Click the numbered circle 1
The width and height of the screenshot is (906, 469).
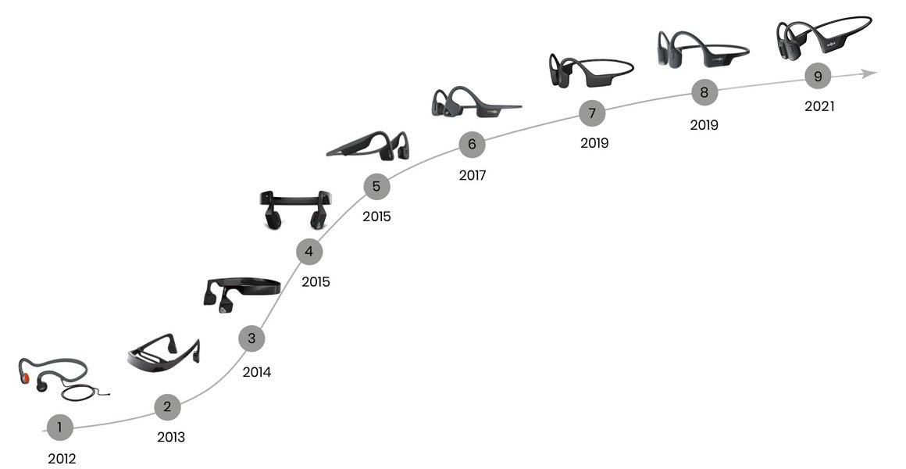(x=59, y=427)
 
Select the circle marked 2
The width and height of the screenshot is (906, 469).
(x=167, y=406)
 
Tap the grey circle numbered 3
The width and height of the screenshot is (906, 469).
(x=251, y=338)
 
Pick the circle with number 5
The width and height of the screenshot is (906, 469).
(x=376, y=186)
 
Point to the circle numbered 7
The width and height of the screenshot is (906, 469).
(x=592, y=113)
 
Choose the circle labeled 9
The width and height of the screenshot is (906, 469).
(x=818, y=77)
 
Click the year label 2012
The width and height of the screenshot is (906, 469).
(x=62, y=459)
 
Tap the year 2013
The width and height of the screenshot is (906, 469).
(x=170, y=437)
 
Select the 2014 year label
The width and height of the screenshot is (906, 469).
(x=256, y=372)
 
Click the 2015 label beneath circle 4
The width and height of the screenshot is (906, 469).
(x=316, y=281)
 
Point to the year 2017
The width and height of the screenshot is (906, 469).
(x=472, y=176)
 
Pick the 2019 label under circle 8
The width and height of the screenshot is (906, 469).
(x=704, y=124)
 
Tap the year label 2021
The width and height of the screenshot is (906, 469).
(x=819, y=107)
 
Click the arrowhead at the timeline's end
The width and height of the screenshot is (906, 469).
(x=869, y=73)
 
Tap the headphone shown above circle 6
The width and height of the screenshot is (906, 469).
(x=473, y=103)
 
